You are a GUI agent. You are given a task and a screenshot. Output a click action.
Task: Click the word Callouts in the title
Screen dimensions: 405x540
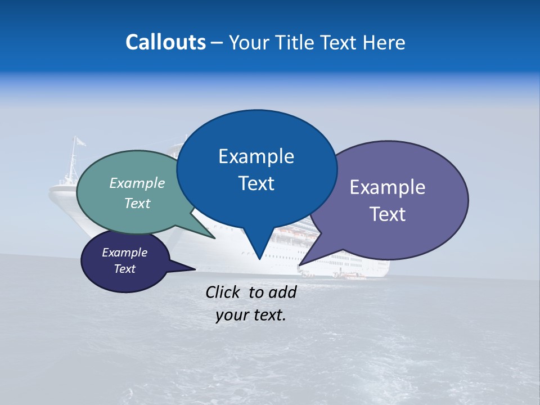(x=166, y=42)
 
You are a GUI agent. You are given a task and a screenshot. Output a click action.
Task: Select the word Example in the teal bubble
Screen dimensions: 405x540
(x=137, y=183)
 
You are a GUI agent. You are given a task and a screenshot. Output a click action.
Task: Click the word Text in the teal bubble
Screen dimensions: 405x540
(x=137, y=203)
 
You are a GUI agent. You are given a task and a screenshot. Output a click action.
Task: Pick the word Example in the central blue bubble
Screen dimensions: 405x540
(x=256, y=156)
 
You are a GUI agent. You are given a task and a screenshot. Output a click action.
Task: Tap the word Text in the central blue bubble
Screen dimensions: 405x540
(x=256, y=183)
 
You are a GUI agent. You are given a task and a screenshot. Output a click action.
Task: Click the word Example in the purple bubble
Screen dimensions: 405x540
(x=388, y=187)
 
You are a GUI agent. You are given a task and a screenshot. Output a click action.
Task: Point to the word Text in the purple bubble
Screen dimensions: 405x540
(x=388, y=214)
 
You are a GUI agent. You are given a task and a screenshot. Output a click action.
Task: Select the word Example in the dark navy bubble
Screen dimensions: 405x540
(x=125, y=253)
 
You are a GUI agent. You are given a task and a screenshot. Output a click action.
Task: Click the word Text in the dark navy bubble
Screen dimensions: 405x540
(x=125, y=269)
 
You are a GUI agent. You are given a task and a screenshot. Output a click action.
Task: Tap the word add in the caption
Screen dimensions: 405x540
(x=283, y=292)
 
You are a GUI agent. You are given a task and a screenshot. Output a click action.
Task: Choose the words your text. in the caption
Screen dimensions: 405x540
(x=251, y=315)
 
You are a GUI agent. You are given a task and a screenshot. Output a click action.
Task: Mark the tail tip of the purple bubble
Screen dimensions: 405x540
(x=300, y=264)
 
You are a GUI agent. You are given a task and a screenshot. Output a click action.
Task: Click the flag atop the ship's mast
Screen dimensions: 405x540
(x=80, y=141)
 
